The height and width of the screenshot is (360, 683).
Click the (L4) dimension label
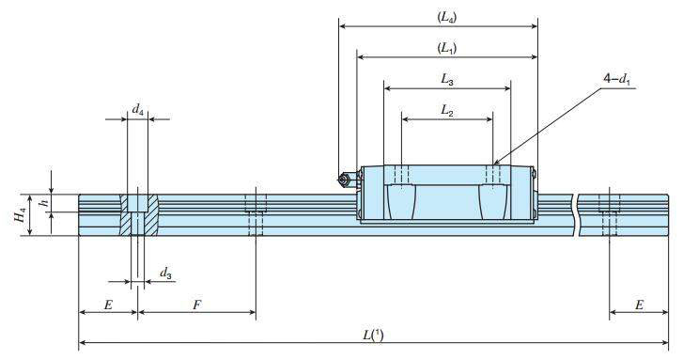447,17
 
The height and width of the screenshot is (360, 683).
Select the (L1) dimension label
447,48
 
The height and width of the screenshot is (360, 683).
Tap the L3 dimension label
447,79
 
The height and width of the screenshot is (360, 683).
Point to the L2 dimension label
447,110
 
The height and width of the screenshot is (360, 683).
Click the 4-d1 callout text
617,79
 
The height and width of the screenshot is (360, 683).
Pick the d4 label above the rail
138,110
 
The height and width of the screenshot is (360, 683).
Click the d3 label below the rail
165,274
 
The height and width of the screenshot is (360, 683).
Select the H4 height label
20,215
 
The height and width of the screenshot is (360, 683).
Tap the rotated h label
43,203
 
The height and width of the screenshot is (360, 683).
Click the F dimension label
197,305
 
